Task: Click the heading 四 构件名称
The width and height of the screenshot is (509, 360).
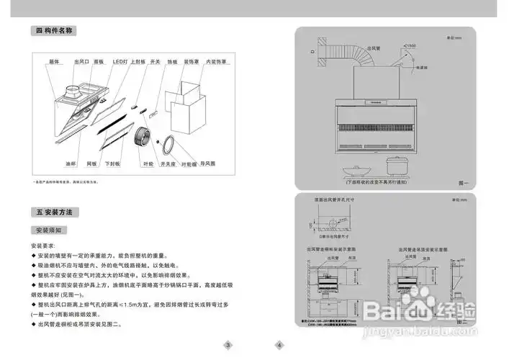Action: coord(55,31)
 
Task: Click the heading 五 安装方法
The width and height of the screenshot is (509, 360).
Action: coord(55,212)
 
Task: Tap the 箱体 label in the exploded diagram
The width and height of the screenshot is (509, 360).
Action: coord(53,63)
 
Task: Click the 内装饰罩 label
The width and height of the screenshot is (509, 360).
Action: coord(215,63)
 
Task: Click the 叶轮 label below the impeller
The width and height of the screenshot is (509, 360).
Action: coord(148,164)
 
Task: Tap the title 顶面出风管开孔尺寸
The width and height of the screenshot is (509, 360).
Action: coord(335,199)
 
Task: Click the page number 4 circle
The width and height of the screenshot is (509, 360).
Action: coord(279,345)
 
